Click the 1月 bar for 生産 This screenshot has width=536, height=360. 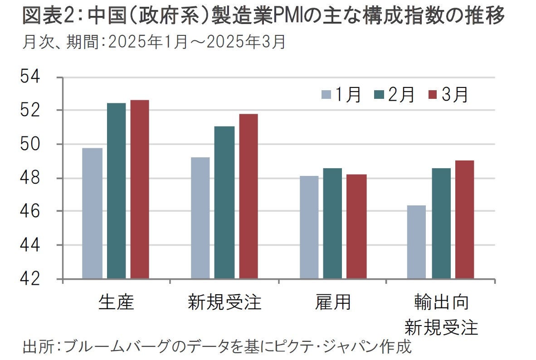[x=93, y=213]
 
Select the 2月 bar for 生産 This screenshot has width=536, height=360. [x=116, y=190]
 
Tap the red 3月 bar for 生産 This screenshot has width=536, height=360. [x=140, y=189]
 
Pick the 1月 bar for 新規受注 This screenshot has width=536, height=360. [x=200, y=218]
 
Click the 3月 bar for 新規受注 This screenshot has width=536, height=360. [x=249, y=196]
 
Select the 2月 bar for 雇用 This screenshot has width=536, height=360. [x=332, y=223]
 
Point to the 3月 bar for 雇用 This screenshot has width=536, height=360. [x=357, y=226]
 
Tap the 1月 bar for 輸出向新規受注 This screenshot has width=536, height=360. [x=416, y=242]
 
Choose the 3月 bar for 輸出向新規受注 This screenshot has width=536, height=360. [x=464, y=219]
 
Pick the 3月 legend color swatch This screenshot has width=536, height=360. [x=432, y=95]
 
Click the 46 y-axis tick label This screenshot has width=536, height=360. [x=31, y=211]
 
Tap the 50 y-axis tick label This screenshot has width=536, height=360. [x=31, y=144]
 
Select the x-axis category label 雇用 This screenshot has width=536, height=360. [x=333, y=302]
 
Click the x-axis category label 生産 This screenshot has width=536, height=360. [x=116, y=302]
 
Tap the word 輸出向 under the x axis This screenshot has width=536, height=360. [x=441, y=302]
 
